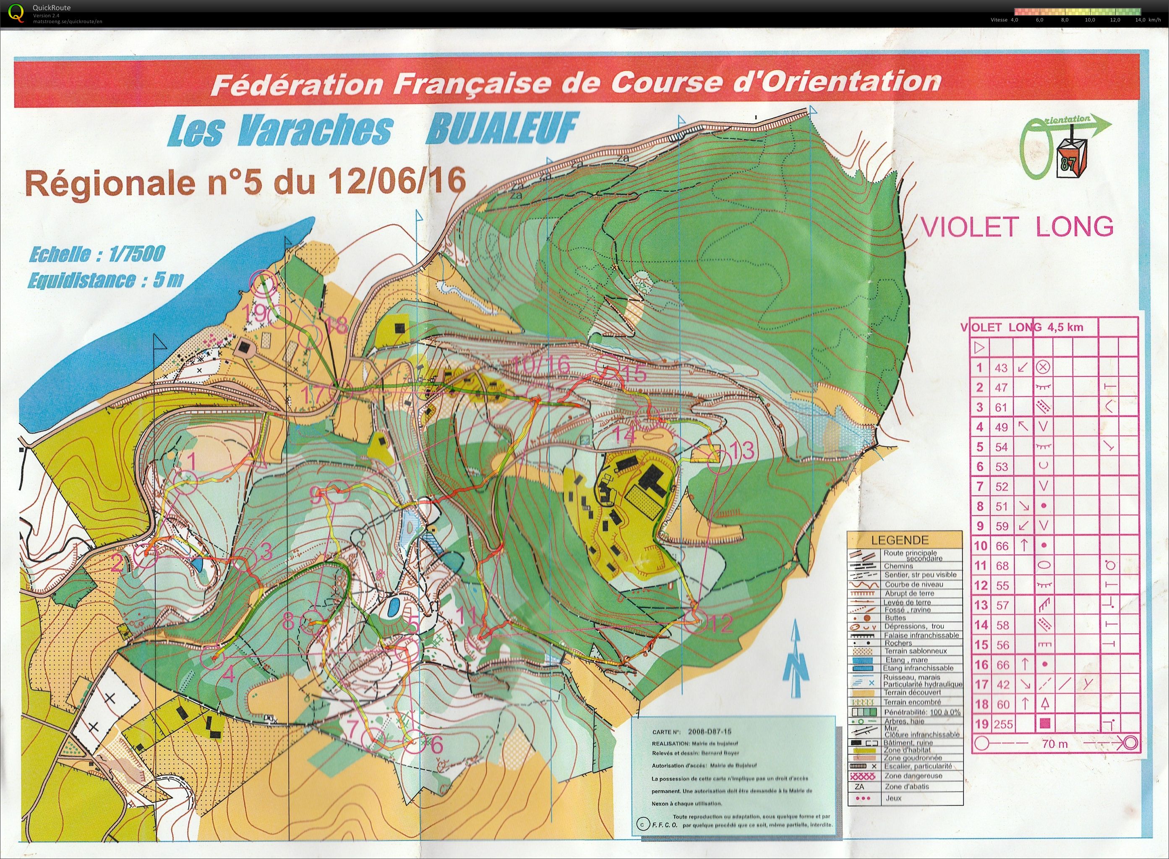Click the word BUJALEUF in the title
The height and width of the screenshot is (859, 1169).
coord(501,129)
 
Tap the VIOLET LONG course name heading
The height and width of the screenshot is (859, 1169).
coord(1017,227)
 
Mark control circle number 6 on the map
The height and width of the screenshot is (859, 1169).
coord(414,742)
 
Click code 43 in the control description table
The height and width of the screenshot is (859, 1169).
coord(1001,368)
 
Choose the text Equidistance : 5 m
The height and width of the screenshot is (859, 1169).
coord(105,281)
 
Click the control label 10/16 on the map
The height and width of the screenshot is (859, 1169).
coord(540,365)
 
